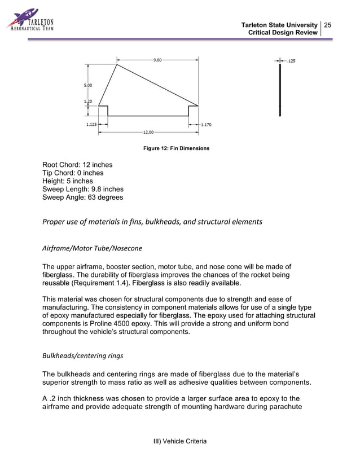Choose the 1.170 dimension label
[x=206, y=125]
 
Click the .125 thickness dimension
[x=291, y=60]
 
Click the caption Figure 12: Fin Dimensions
[x=177, y=148]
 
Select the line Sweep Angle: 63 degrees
[x=82, y=197]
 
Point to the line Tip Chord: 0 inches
[x=73, y=173]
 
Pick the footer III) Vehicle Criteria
[x=180, y=441]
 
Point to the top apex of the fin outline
[x=117, y=64]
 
